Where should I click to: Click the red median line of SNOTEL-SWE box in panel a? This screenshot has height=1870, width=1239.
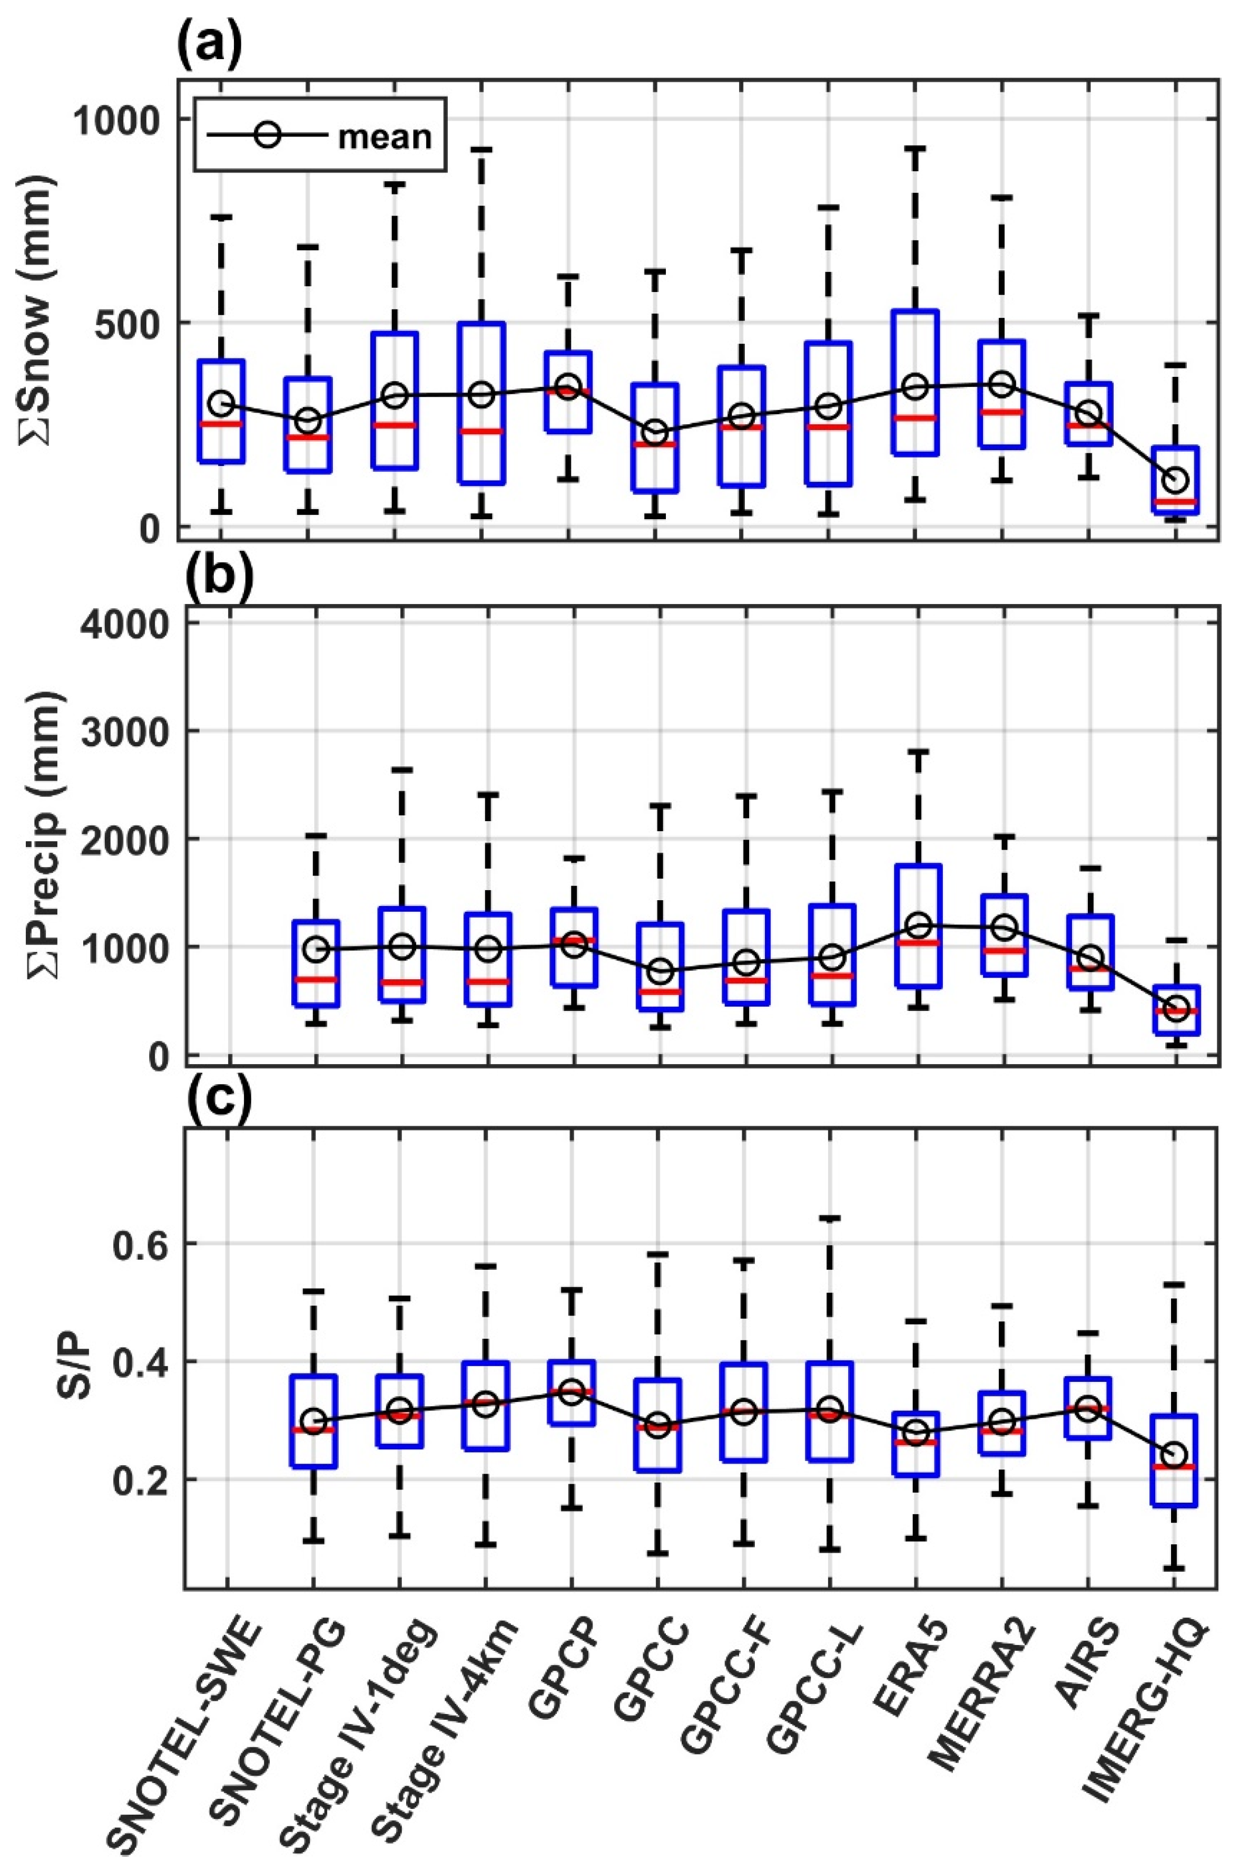(221, 424)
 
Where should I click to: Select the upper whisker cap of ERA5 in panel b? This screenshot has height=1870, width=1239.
(917, 752)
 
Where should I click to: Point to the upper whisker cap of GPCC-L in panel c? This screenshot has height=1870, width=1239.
(830, 1218)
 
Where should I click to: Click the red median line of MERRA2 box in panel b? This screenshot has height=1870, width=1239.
(1004, 950)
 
